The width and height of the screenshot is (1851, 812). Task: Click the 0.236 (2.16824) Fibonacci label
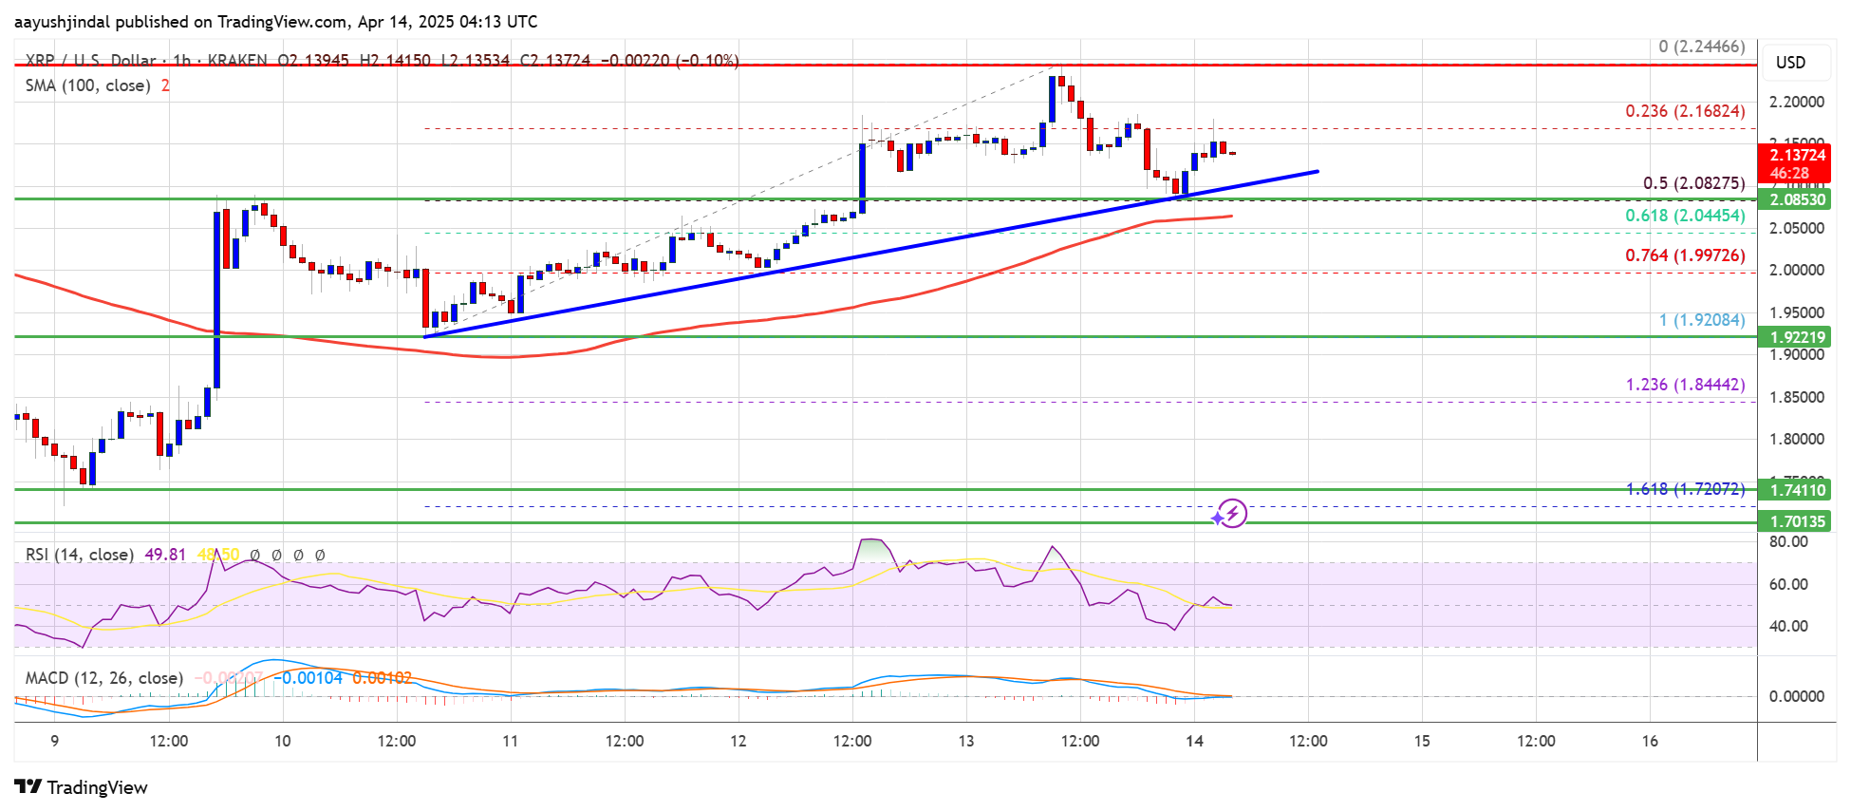[x=1685, y=111]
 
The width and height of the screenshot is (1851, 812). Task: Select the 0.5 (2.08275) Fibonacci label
[x=1693, y=183]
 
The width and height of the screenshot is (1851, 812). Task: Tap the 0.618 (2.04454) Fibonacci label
[x=1685, y=216]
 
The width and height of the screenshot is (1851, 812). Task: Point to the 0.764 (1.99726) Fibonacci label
[x=1685, y=255]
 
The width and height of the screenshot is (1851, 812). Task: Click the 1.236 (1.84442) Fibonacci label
[x=1685, y=385]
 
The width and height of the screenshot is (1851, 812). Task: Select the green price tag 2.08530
[x=1797, y=199]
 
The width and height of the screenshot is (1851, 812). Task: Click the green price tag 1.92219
[x=1797, y=337]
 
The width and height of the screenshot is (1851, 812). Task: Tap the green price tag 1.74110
[x=1797, y=490]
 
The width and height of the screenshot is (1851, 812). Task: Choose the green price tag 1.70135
[x=1797, y=521]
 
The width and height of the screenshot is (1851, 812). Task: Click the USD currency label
[x=1790, y=63]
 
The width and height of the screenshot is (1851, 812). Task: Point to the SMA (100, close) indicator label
[x=87, y=85]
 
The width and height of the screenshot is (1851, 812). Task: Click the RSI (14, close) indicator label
[x=79, y=555]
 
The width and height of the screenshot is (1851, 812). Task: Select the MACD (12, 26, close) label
[x=103, y=678]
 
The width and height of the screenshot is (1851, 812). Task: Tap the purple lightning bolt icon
[x=1231, y=514]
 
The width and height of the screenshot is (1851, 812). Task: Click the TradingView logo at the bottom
[x=82, y=787]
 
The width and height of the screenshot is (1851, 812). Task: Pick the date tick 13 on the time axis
[x=966, y=741]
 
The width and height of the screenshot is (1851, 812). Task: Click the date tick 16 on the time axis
[x=1650, y=741]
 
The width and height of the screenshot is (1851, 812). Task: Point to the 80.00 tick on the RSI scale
[x=1788, y=541]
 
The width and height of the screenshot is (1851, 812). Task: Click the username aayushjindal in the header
[x=62, y=22]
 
